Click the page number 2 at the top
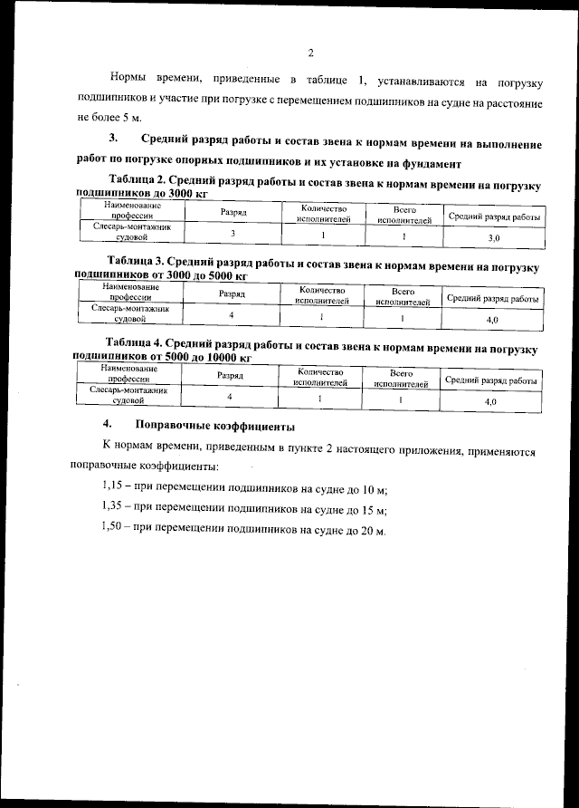(x=309, y=52)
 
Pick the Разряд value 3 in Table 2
(x=233, y=235)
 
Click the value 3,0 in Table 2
(x=494, y=237)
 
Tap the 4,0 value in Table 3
(x=493, y=321)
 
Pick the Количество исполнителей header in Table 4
(x=320, y=378)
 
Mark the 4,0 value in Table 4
(x=492, y=399)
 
